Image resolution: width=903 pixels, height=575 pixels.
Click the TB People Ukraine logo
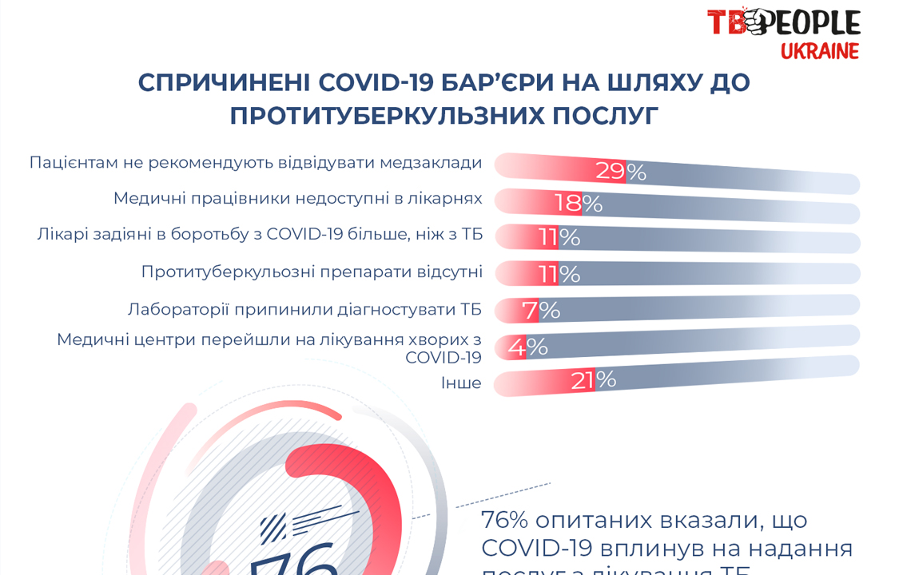pos(783,32)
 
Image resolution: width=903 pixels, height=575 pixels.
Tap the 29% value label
pos(620,171)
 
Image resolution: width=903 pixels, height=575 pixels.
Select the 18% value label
pos(579,203)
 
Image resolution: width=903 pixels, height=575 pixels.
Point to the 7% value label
pos(541,310)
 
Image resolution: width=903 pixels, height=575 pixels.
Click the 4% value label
pos(527,347)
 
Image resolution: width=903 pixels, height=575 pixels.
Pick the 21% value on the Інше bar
pos(593,380)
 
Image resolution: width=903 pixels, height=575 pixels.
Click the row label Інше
pos(461,383)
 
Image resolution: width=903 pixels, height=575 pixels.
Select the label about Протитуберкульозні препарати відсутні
pos(312,272)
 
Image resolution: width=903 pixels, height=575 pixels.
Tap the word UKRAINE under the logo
pos(819,52)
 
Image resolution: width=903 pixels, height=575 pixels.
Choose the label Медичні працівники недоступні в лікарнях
pos(297,198)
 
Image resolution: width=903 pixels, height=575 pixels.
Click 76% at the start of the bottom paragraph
pos(504,520)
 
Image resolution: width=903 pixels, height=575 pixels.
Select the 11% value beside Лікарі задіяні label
pos(559,237)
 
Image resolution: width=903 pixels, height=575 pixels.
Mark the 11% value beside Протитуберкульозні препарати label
pos(559,274)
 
